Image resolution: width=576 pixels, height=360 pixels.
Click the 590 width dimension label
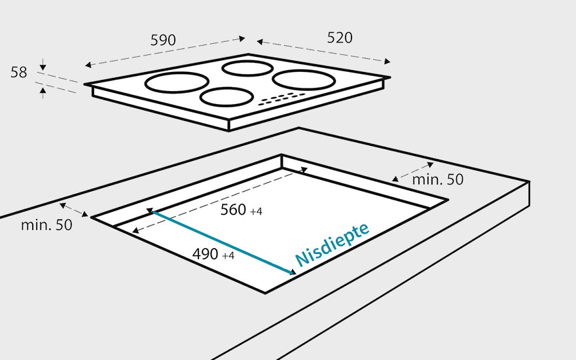pyautogui.click(x=163, y=40)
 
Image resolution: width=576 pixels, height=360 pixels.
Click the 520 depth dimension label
pyautogui.click(x=339, y=38)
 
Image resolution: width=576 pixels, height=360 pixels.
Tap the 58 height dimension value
pyautogui.click(x=18, y=73)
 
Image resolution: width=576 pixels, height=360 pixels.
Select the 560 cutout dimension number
pyautogui.click(x=233, y=210)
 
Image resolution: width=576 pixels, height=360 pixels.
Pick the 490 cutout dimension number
pyautogui.click(x=205, y=255)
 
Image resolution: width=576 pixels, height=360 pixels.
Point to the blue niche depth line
pyautogui.click(x=223, y=242)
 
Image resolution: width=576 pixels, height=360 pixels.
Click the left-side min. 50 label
pyautogui.click(x=46, y=225)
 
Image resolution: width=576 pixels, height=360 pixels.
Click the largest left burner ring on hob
pyautogui.click(x=177, y=83)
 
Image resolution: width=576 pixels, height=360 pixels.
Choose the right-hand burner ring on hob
pyautogui.click(x=304, y=81)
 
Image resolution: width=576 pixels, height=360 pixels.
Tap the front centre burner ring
pyautogui.click(x=226, y=97)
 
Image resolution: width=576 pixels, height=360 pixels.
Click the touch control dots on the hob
pyautogui.click(x=281, y=99)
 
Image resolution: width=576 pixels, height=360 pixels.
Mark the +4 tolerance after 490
pyautogui.click(x=228, y=256)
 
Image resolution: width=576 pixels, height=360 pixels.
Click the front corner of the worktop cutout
pyautogui.click(x=266, y=293)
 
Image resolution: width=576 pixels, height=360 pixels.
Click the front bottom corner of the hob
pyautogui.click(x=230, y=130)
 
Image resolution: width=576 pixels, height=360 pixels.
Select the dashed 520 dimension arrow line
pyautogui.click(x=323, y=52)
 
